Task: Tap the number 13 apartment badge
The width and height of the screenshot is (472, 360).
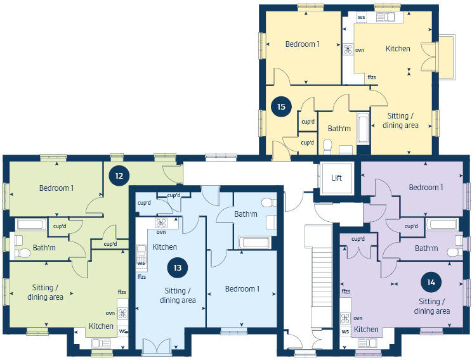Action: coord(178,267)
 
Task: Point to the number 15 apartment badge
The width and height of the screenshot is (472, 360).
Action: coord(281,106)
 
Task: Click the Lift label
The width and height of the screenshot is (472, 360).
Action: coord(337,177)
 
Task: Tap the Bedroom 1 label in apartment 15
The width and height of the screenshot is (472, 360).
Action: coord(302,44)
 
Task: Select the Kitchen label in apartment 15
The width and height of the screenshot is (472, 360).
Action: coord(398,49)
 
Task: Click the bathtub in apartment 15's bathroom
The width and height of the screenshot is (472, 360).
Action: coord(363,129)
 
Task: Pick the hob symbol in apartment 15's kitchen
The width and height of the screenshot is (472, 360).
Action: coord(348,49)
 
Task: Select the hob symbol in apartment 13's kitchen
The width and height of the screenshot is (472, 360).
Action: coord(161,223)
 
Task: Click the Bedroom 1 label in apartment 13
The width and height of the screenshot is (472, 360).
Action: coord(242,289)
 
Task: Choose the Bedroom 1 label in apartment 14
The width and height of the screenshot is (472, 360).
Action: coord(426,188)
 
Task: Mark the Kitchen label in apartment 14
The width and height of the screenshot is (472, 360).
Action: coord(366,330)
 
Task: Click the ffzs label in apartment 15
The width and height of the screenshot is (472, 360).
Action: coord(372,77)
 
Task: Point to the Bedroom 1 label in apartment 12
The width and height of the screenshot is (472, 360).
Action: coord(56,188)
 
